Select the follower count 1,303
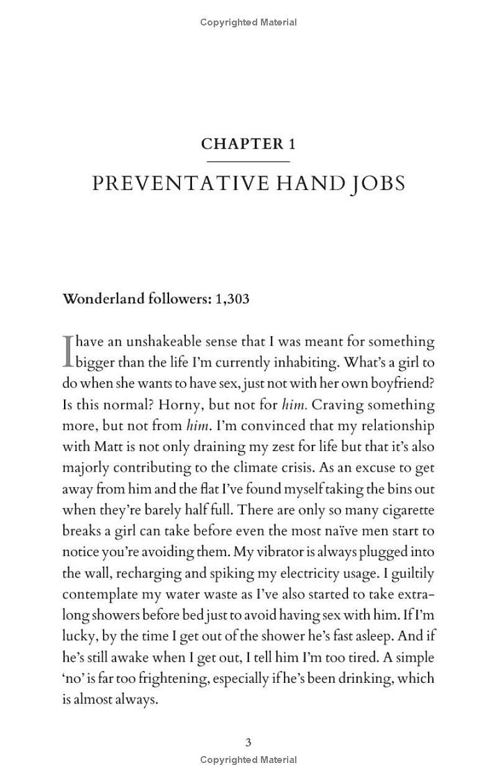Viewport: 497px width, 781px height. [232, 298]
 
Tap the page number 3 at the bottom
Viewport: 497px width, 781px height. [248, 742]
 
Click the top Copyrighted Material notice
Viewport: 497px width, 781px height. [248, 22]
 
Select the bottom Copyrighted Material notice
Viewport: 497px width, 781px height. [248, 759]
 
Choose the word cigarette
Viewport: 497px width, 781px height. [404, 510]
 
